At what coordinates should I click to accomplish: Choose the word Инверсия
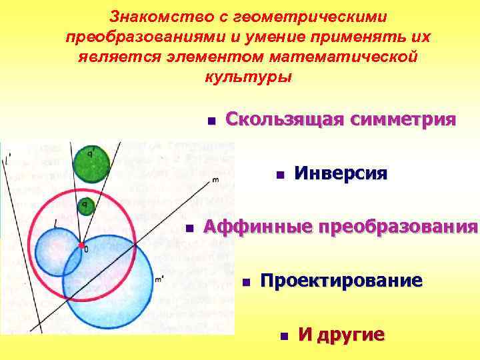[x=340, y=174]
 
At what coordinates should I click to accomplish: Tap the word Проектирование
[x=341, y=281]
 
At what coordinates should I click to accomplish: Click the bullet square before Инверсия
[x=280, y=175]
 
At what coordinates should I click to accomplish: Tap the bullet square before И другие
[x=283, y=335]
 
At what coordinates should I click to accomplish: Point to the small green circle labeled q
[x=85, y=206]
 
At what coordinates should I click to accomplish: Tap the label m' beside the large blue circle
[x=159, y=279]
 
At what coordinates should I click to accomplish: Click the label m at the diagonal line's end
[x=215, y=179]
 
